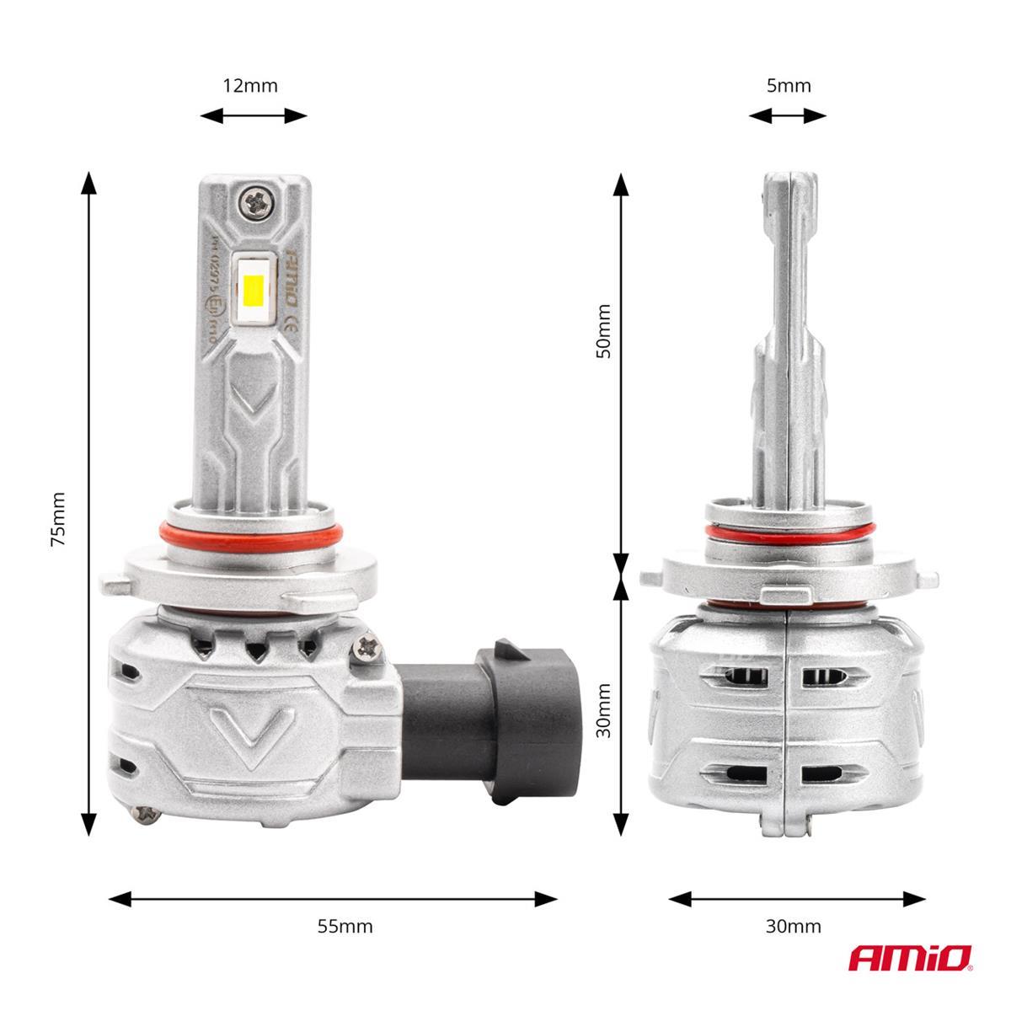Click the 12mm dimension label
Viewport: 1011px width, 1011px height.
pos(249,85)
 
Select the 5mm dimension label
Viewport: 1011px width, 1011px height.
pos(789,85)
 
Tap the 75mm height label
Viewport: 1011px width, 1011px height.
pos(57,519)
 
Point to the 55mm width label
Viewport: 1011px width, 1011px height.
pos(345,927)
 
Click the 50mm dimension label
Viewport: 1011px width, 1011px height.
pos(602,331)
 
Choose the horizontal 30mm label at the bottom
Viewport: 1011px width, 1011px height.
pos(793,927)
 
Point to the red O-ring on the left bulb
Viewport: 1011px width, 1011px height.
pos(251,533)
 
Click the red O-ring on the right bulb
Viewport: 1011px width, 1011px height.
pos(789,530)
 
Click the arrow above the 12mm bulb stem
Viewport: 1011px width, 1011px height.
pos(254,116)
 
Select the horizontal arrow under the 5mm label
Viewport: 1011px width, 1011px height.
pos(789,116)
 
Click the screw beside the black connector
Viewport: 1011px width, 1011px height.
pos(368,645)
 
